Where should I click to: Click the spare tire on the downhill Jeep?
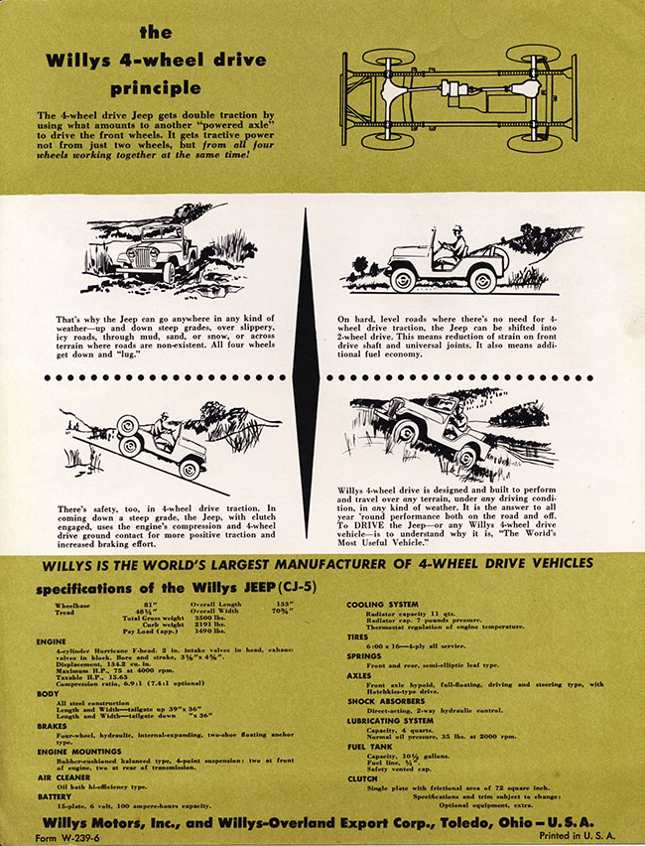[129, 429]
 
